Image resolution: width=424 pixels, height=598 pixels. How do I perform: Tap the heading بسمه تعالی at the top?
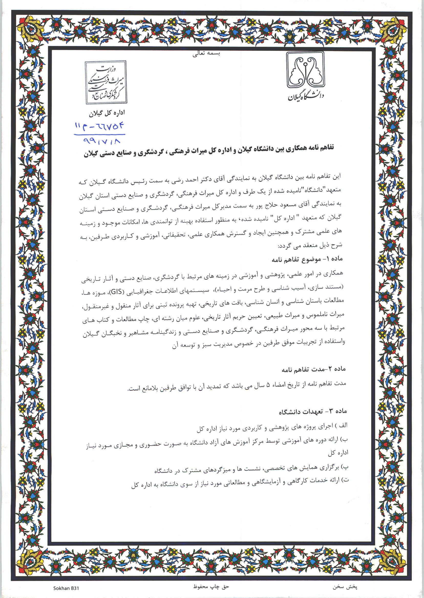(206, 54)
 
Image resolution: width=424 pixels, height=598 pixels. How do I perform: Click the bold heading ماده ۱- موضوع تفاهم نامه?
(307, 260)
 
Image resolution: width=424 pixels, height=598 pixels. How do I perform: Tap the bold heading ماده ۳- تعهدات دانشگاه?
(313, 412)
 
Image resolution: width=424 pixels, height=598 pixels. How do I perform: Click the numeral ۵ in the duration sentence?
(267, 385)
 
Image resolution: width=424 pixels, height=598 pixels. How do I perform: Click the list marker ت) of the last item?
(344, 480)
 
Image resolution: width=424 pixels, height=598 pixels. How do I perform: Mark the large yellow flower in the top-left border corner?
(31, 30)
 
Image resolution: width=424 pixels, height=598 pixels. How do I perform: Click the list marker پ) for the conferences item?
(345, 467)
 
